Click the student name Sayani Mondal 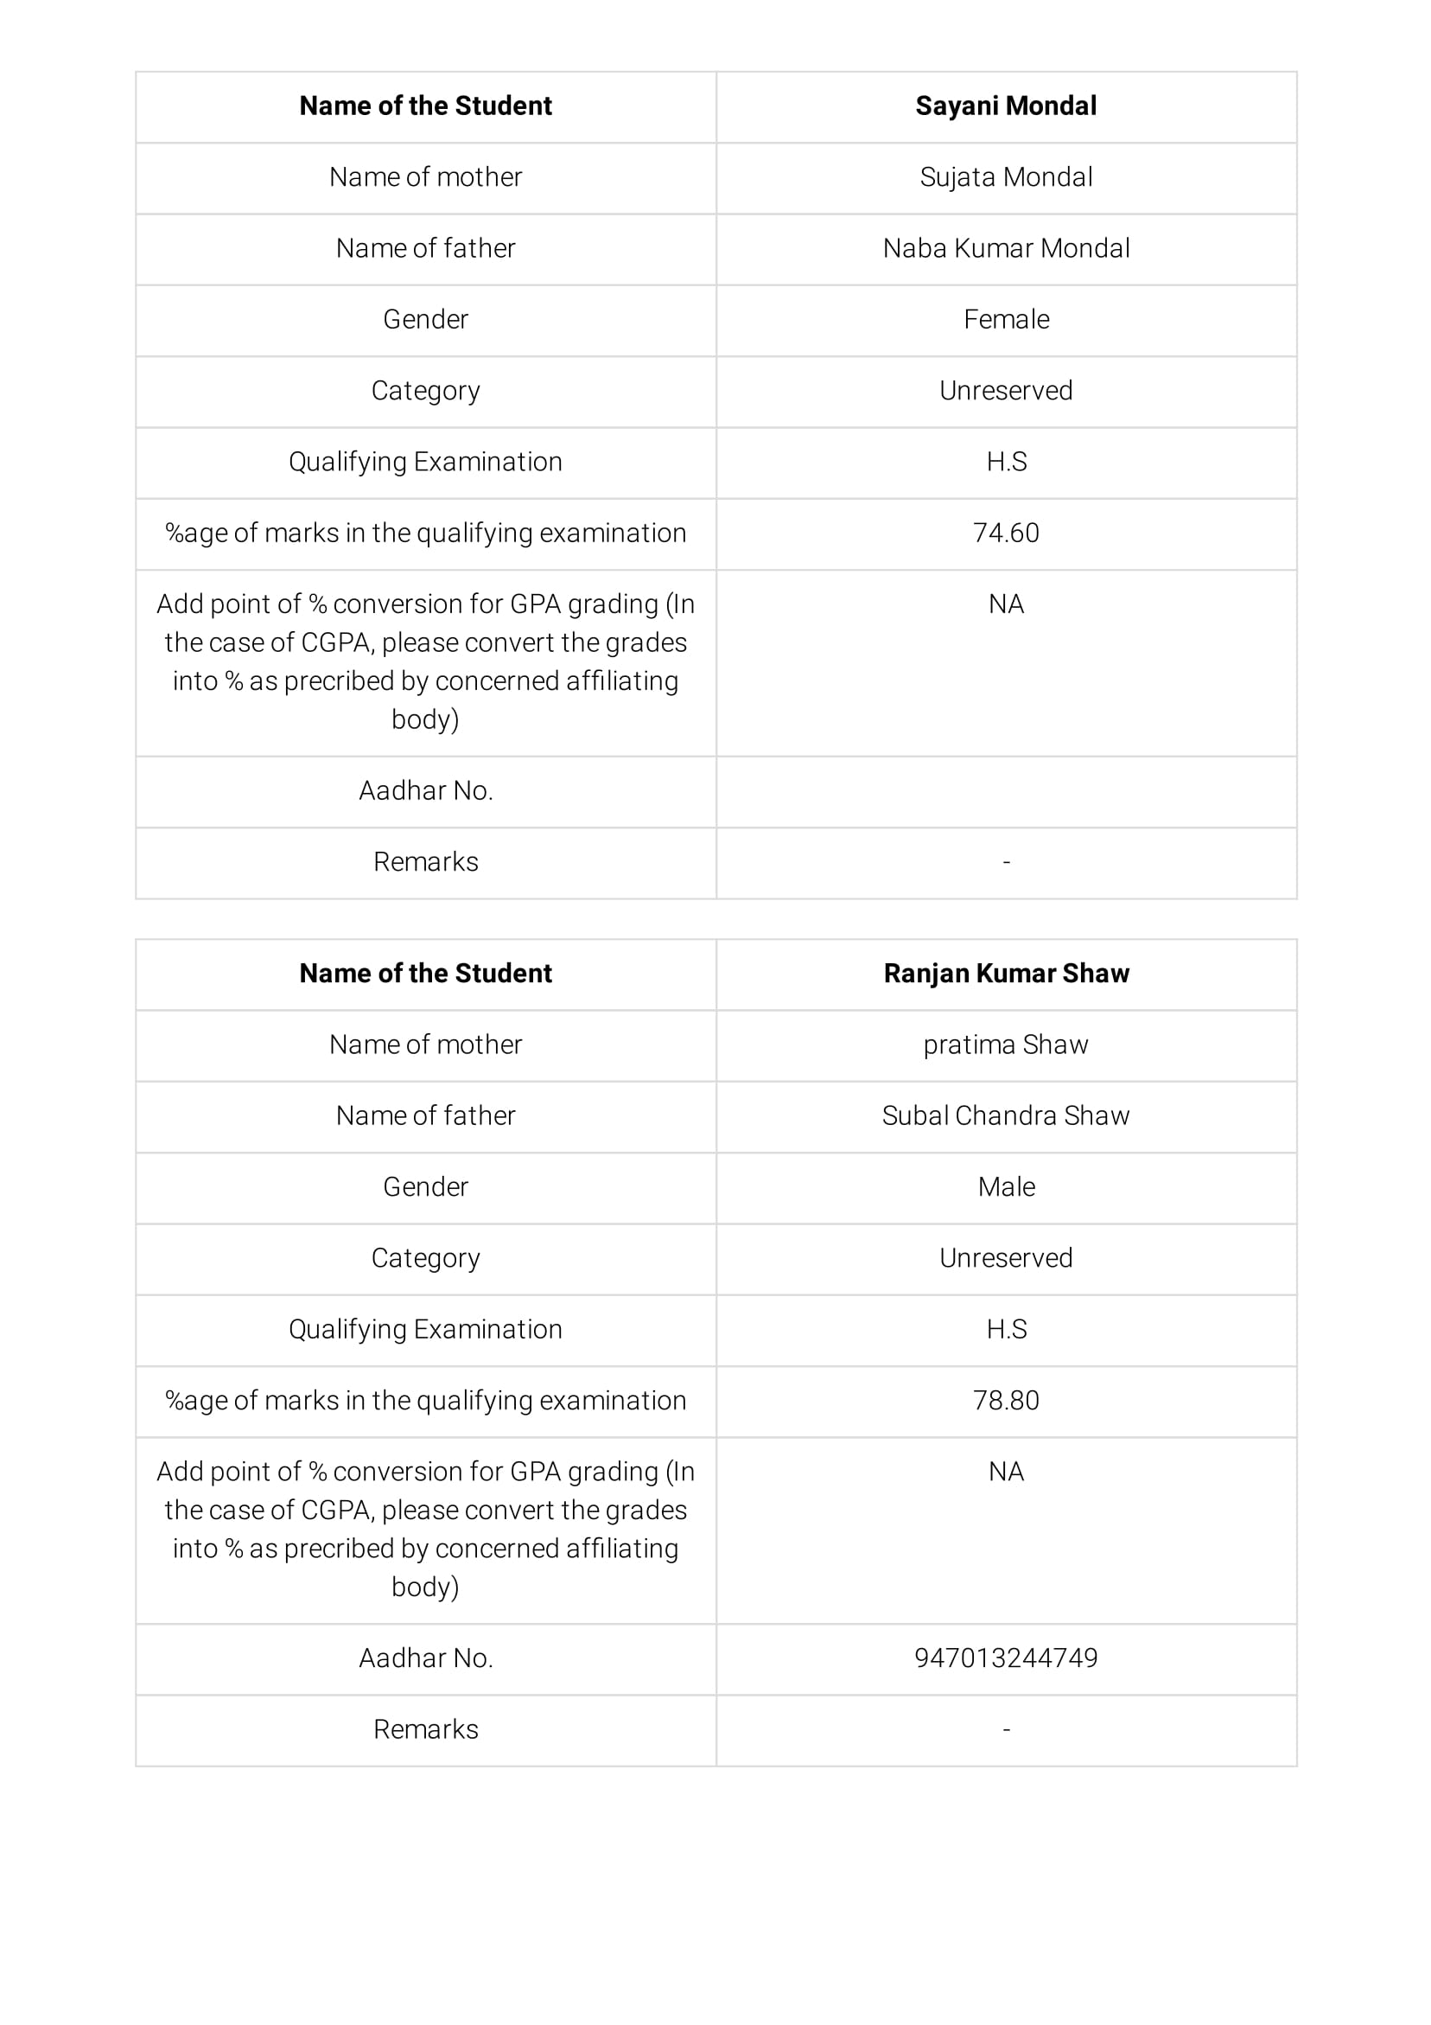(1005, 105)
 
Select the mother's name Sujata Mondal (1005, 177)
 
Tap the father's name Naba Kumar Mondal (1005, 249)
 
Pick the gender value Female (1005, 319)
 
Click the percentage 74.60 (1005, 533)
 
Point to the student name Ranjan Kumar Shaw (1005, 973)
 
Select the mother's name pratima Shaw (1005, 1044)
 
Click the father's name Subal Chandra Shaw (1005, 1115)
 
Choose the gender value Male (1005, 1187)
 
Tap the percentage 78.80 (1005, 1401)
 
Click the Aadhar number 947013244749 (1005, 1658)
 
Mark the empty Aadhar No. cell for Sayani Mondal (1005, 791)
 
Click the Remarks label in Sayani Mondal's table (425, 862)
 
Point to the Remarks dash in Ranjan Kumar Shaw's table (1005, 1730)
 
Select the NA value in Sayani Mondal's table (1005, 604)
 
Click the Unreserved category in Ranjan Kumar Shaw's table (1005, 1258)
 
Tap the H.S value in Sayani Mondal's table (1005, 462)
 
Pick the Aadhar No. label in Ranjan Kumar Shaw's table (425, 1658)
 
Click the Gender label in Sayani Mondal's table (425, 319)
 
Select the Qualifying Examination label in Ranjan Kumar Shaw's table (425, 1329)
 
